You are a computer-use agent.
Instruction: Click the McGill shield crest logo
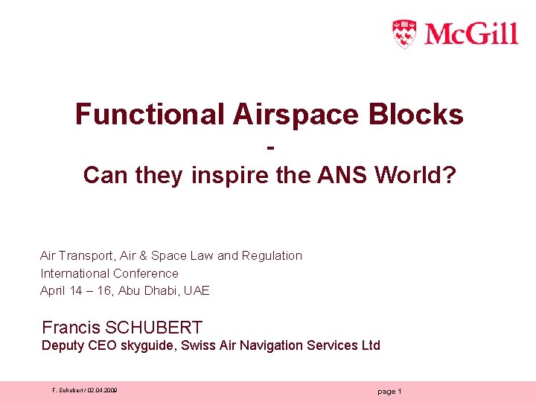[404, 33]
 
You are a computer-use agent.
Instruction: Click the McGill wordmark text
[471, 34]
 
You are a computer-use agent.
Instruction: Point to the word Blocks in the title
[422, 115]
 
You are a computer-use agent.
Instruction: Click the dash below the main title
[269, 147]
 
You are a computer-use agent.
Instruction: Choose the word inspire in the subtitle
[227, 175]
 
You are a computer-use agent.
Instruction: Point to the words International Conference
[109, 273]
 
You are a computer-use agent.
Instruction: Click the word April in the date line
[52, 291]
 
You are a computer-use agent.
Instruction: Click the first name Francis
[71, 328]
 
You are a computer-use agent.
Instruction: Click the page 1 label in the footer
[390, 392]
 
